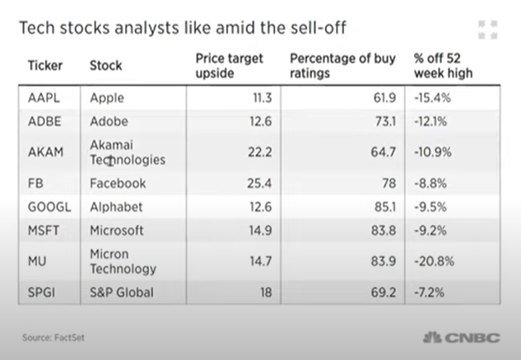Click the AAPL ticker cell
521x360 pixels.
point(44,98)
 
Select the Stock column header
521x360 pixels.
point(106,65)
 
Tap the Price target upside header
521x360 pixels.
point(230,66)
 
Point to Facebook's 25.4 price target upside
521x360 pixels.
point(259,184)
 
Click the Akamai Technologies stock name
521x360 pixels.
point(128,152)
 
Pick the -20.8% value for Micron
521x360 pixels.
point(434,261)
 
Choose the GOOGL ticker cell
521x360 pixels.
point(49,207)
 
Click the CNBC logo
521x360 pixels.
point(462,338)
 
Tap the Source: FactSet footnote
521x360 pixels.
point(53,338)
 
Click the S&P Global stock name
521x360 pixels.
point(122,292)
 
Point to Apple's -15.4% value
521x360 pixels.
point(432,98)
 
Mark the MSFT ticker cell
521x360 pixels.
point(44,230)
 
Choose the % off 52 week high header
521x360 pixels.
point(444,66)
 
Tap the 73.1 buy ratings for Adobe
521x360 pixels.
point(385,121)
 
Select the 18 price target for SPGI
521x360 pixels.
point(266,292)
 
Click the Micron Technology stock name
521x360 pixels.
point(123,261)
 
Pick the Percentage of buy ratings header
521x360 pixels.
point(342,66)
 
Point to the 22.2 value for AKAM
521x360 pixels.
point(260,152)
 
